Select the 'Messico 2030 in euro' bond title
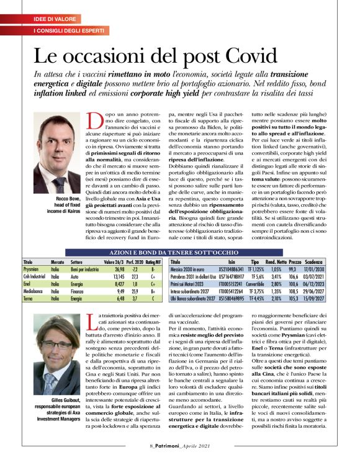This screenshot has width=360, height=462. pos(189,270)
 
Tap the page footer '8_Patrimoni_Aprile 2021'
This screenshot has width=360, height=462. pos(179,445)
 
